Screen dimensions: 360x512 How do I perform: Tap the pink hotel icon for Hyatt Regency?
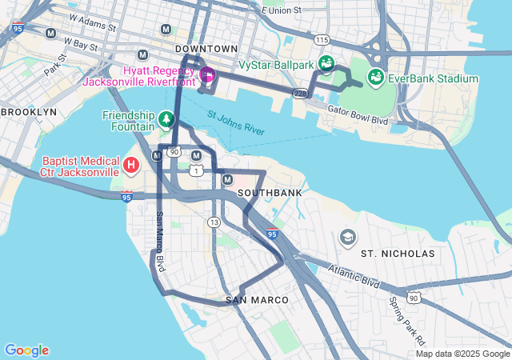[x=207, y=75]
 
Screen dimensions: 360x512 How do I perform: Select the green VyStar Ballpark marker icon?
[x=326, y=63]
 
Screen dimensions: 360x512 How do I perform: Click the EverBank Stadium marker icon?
[x=374, y=78]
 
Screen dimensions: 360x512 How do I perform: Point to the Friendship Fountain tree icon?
[x=166, y=120]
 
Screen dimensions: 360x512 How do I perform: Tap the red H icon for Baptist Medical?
[x=131, y=166]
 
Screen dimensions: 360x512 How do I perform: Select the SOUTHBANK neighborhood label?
[x=270, y=194]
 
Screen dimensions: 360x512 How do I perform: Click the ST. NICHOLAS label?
[x=398, y=254]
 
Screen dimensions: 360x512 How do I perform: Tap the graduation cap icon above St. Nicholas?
[x=347, y=237]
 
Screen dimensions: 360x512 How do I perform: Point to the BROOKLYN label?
[x=29, y=112]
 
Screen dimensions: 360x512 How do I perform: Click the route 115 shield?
[x=322, y=39]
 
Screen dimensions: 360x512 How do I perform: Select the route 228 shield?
[x=299, y=94]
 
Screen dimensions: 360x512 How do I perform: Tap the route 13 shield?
[x=214, y=222]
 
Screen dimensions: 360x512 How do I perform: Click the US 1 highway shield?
[x=195, y=170]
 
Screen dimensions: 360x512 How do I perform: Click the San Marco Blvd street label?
[x=161, y=239]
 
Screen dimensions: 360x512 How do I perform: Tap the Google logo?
[x=26, y=350]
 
